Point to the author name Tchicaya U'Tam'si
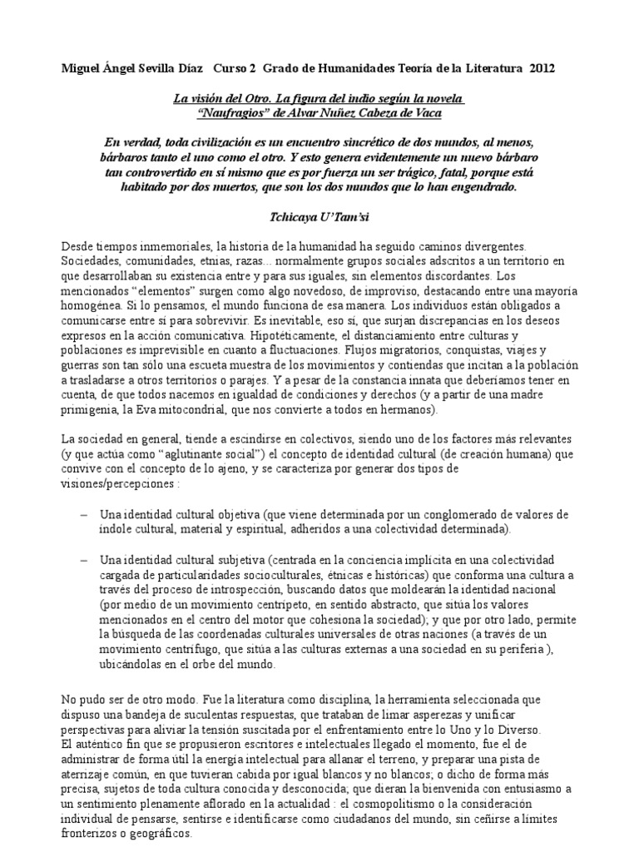(319, 212)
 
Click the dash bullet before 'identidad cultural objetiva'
(84, 513)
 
